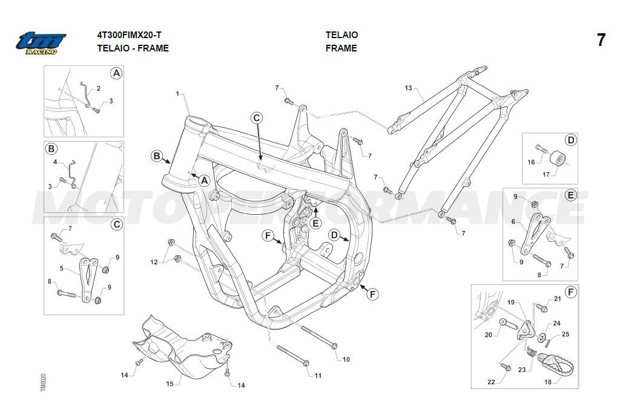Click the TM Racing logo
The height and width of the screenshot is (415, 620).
tap(41, 43)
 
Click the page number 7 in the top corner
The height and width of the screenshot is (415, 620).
tap(601, 41)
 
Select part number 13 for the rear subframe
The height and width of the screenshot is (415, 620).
tap(408, 88)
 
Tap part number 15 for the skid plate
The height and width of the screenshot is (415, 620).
tap(170, 384)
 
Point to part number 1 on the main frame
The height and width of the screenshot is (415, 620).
tap(177, 94)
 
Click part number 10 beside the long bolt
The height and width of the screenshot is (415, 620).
tap(346, 359)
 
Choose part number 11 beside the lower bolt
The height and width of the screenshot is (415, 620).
tap(318, 376)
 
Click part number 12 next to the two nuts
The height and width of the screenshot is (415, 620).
tap(154, 262)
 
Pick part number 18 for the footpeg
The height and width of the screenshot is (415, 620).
tap(548, 382)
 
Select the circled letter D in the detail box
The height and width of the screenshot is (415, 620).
tap(570, 140)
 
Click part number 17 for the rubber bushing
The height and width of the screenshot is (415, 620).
tap(546, 174)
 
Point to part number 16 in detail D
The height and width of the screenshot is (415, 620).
tap(531, 162)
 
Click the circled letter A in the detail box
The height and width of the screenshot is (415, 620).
tap(116, 73)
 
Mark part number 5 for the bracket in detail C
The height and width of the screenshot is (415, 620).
tap(62, 268)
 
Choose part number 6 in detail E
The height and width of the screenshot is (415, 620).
tap(513, 222)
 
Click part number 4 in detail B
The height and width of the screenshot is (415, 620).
tap(55, 162)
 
